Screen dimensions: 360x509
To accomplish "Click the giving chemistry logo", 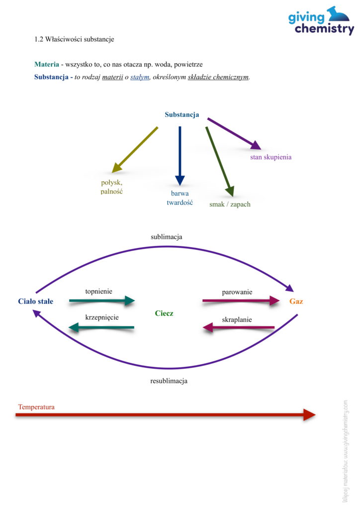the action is [321, 20].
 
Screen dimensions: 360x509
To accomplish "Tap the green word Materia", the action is [47, 64].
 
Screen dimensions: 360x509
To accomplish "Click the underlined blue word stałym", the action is [140, 77].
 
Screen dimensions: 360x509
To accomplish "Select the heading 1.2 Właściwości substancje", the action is [75, 39].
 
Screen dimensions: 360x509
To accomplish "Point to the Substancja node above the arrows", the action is [182, 115].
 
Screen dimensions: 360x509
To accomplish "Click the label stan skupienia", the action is [270, 157].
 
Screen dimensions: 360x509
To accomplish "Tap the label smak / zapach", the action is [230, 204].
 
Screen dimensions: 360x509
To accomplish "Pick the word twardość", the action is [180, 203].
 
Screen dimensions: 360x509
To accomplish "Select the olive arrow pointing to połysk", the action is [135, 150].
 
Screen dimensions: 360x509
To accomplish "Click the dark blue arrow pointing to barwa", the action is [180, 156].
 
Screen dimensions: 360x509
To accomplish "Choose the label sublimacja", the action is [167, 237].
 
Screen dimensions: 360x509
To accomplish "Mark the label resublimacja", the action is [169, 381].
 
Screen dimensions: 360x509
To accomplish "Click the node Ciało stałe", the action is [36, 301].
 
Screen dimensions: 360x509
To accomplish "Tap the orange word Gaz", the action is [296, 301].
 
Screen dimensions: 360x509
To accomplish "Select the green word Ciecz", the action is [164, 313].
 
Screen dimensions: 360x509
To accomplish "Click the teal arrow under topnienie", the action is [102, 301].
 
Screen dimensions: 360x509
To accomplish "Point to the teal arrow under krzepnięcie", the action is [101, 328].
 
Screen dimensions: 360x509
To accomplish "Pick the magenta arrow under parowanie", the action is [241, 301].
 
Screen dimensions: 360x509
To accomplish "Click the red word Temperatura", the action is [36, 407].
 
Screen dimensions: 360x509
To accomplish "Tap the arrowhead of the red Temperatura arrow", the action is [309, 415].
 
